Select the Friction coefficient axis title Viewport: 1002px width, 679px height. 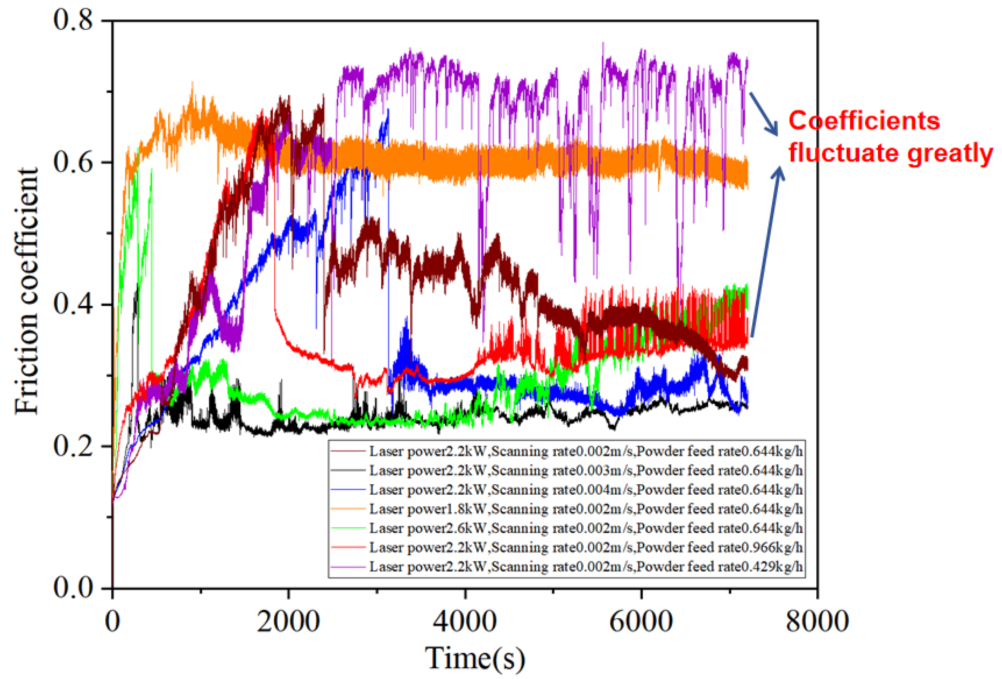(x=27, y=292)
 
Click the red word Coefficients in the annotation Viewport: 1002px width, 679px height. (x=864, y=121)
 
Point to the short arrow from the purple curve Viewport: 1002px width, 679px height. (x=763, y=113)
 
